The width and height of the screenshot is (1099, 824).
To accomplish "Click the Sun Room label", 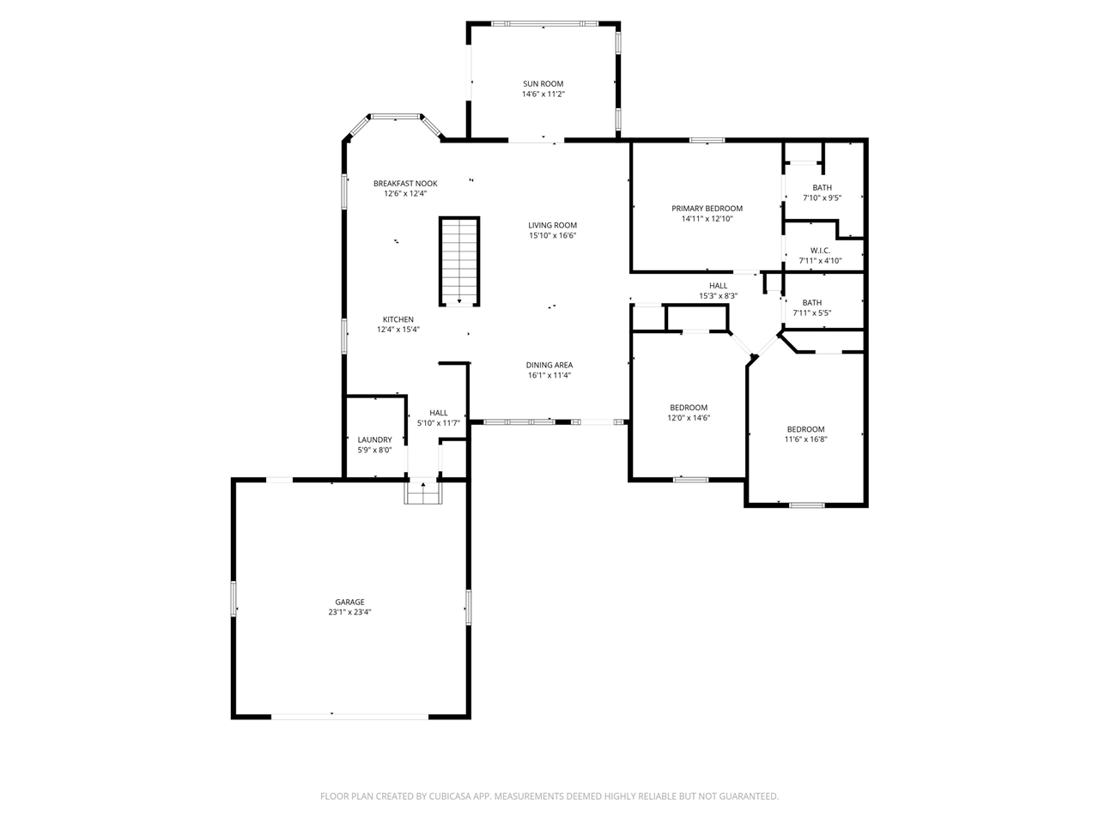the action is pyautogui.click(x=543, y=84).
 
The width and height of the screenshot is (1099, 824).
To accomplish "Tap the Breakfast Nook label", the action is pyautogui.click(x=405, y=184).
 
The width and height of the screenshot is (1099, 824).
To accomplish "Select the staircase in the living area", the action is pyautogui.click(x=459, y=261).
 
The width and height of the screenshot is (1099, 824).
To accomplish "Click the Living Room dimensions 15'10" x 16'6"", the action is pyautogui.click(x=552, y=236).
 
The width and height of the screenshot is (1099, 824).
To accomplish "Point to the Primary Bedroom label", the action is pyautogui.click(x=707, y=209).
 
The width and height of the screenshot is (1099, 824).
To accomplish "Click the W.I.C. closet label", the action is pyautogui.click(x=820, y=251).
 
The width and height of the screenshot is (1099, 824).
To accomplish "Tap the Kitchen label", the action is pyautogui.click(x=398, y=319).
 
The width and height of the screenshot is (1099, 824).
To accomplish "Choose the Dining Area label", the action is pyautogui.click(x=549, y=366).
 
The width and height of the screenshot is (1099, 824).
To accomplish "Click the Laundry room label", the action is pyautogui.click(x=374, y=439).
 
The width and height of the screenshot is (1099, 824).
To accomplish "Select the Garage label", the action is pyautogui.click(x=349, y=602).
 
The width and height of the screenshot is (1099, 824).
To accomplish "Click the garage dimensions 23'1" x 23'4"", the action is pyautogui.click(x=349, y=612).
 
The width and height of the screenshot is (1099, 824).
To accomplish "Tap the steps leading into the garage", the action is pyautogui.click(x=423, y=491).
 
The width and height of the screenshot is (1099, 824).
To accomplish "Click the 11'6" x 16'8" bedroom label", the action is pyautogui.click(x=805, y=429).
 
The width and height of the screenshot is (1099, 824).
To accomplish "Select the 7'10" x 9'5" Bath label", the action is pyautogui.click(x=823, y=188).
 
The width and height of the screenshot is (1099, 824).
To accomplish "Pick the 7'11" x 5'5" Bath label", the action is pyautogui.click(x=811, y=303).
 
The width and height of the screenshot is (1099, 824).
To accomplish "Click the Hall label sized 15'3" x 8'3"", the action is pyautogui.click(x=718, y=286).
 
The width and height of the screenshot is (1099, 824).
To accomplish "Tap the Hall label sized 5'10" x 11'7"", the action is pyautogui.click(x=438, y=413).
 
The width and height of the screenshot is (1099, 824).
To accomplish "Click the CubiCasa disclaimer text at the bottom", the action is pyautogui.click(x=549, y=796).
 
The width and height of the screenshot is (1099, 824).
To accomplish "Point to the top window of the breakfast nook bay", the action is pyautogui.click(x=396, y=116).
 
